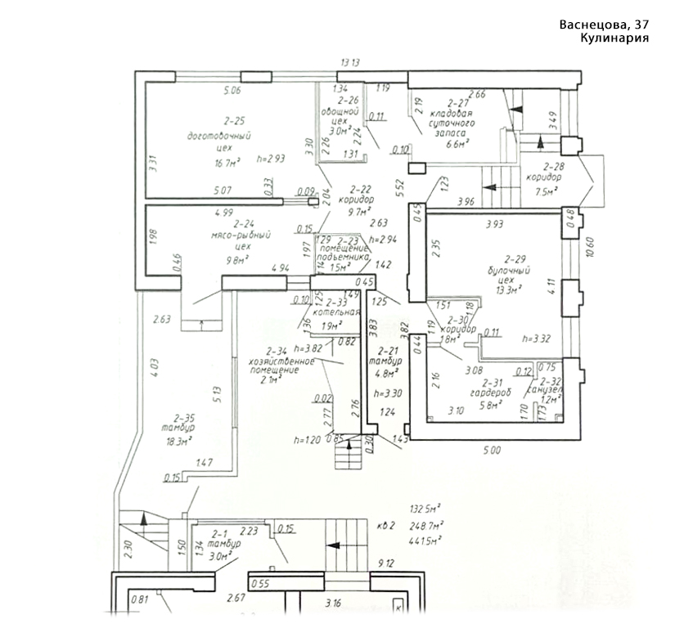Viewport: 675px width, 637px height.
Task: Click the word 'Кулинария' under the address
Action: click(x=615, y=38)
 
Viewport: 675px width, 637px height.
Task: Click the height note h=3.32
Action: click(x=538, y=338)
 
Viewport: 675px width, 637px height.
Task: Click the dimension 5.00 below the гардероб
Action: click(x=490, y=449)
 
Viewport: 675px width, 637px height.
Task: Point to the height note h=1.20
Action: click(x=307, y=440)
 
